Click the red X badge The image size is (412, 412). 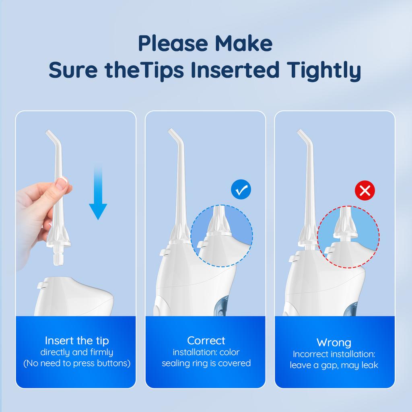(365, 190)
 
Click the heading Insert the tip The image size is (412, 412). (77, 340)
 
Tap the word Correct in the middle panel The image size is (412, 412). (206, 340)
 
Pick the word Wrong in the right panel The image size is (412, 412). (334, 342)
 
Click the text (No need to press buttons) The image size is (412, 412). (77, 364)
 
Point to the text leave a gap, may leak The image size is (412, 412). (334, 365)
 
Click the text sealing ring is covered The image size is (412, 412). (206, 363)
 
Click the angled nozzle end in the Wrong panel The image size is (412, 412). (301, 134)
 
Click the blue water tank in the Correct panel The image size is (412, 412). (223, 305)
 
